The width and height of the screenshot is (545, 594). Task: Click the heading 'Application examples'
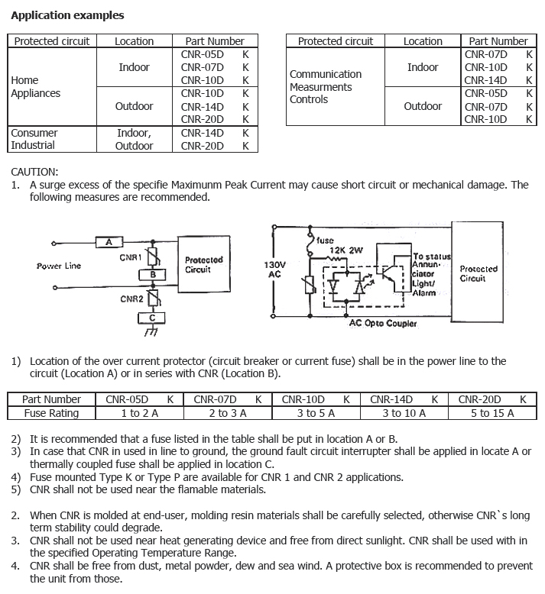67,15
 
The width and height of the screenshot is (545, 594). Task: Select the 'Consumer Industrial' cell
34,139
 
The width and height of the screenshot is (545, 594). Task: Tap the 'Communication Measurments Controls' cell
325,87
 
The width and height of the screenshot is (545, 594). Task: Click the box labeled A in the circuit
109,242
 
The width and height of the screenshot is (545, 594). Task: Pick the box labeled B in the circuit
153,274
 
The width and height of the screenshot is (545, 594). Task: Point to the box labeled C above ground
153,317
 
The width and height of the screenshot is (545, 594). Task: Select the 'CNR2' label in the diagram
131,299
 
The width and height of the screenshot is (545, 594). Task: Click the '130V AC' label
275,270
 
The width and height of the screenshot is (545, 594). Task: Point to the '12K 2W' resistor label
345,250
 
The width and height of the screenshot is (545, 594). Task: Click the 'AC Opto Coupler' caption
383,324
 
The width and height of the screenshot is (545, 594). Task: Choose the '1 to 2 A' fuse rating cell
139,413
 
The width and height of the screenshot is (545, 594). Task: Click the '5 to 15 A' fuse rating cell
492,413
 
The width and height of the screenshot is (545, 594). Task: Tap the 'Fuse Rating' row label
51,413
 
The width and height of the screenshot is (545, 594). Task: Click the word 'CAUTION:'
34,172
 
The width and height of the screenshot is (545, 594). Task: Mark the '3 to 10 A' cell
404,413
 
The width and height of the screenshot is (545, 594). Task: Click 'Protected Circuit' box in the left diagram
203,265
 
